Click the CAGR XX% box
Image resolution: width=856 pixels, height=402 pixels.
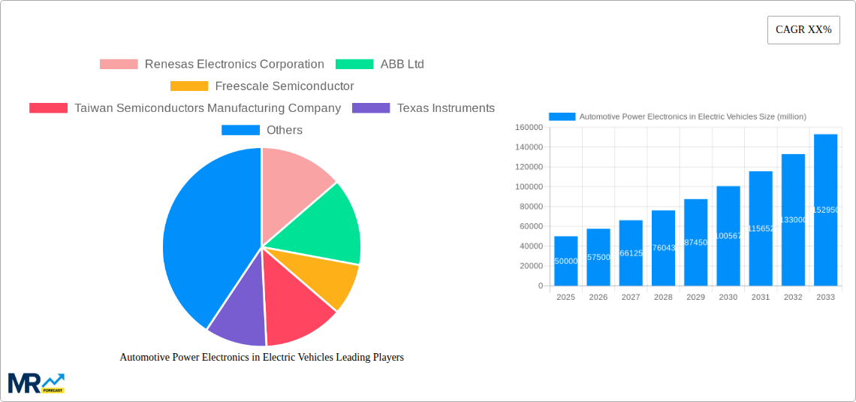pos(803,30)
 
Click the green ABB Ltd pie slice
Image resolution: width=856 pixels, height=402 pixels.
pos(330,225)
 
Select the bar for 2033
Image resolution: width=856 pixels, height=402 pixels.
pos(825,210)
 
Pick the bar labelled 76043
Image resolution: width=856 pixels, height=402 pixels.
pos(663,248)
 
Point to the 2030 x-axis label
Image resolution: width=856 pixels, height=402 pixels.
pos(728,298)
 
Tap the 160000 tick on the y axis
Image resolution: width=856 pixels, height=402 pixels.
pos(529,128)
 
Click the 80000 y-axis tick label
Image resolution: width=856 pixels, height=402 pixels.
pos(529,207)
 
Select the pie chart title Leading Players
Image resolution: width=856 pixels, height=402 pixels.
pos(261,358)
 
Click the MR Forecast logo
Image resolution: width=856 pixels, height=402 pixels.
pos(36,382)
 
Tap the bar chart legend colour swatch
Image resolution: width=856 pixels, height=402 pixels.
pos(562,116)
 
